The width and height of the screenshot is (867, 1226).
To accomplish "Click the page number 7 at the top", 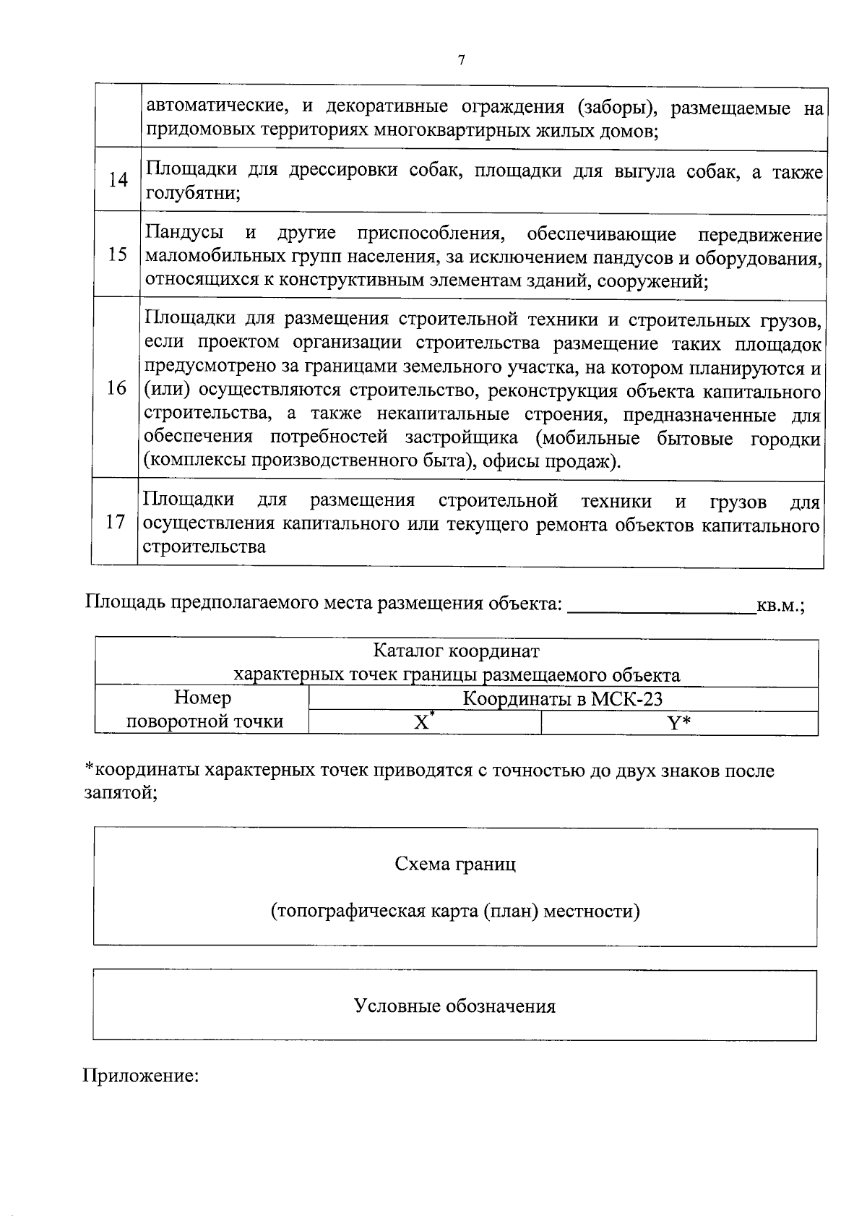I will coord(461,61).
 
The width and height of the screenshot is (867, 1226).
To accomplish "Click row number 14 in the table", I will coord(118,181).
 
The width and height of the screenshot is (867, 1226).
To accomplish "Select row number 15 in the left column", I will coord(118,255).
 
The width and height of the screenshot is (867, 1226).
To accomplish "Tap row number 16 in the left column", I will coord(116,389).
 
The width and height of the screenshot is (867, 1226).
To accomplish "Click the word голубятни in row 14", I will coord(192,193).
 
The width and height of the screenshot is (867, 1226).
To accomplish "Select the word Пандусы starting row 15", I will coord(184,233).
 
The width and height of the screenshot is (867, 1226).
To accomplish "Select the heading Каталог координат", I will coord(456,651).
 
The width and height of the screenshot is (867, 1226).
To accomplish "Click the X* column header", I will coord(423,722).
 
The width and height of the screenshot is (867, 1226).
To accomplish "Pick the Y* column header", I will coord(678,722).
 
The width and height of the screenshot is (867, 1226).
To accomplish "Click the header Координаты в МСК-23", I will coord(562,699).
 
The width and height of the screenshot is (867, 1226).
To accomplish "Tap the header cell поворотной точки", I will coord(205,721).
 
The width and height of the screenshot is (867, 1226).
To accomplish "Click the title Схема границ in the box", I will coord(455,864).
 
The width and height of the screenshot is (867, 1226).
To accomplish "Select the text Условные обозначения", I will coord(454,1006).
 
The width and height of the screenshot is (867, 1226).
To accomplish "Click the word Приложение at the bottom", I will coord(141,1076).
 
